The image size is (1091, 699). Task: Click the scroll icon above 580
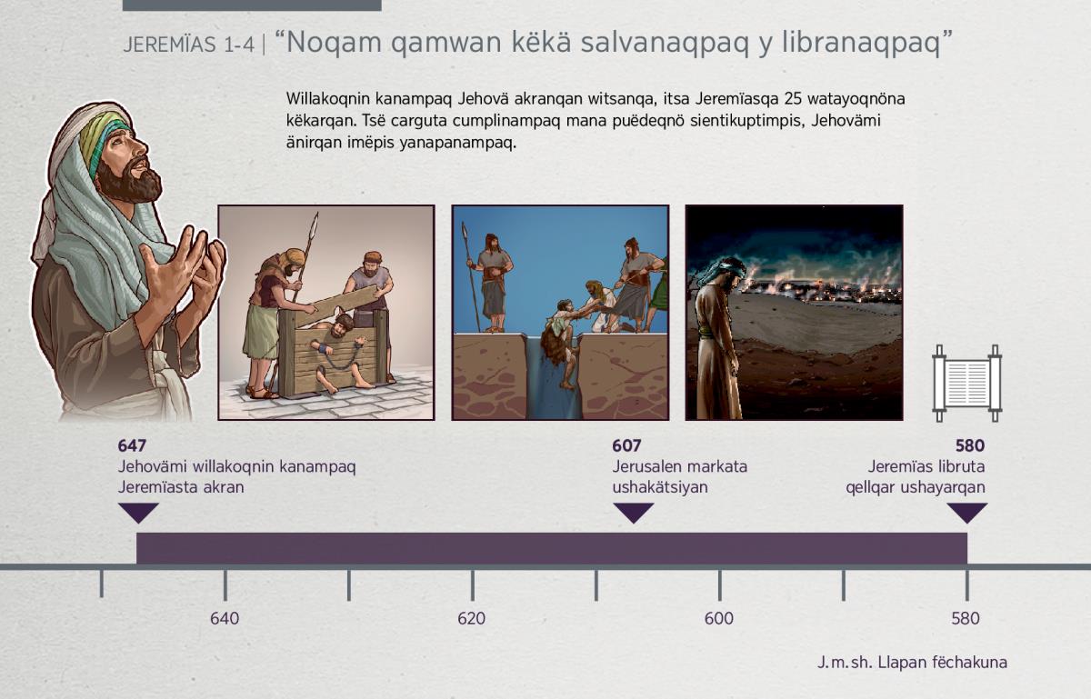click(967, 384)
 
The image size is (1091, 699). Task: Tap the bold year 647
click(132, 445)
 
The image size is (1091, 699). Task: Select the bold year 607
click(626, 445)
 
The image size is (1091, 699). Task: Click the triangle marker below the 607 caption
click(633, 513)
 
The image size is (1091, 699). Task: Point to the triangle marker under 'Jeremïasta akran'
click(139, 513)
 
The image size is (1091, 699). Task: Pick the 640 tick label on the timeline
click(225, 619)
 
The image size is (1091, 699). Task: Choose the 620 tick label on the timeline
click(472, 619)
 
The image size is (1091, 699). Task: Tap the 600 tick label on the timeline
click(719, 619)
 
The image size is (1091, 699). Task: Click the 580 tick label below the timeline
click(966, 619)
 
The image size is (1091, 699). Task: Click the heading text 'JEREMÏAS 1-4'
click(189, 45)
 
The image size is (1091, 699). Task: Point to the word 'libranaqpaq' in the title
click(861, 44)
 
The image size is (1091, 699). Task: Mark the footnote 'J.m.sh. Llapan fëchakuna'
click(912, 663)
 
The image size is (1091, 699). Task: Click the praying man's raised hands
click(187, 265)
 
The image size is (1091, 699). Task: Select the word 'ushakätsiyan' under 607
click(660, 487)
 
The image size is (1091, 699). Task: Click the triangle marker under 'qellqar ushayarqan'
click(967, 513)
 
